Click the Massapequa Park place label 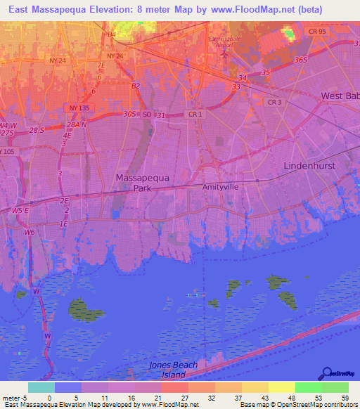point(133,183)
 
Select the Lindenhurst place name point(309,165)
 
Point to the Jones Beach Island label point(173,370)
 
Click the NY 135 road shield point(79,108)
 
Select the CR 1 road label point(195,114)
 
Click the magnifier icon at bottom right point(328,373)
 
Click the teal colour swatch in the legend point(41,387)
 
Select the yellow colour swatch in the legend point(281,387)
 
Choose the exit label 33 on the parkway point(236,86)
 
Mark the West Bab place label point(340,96)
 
